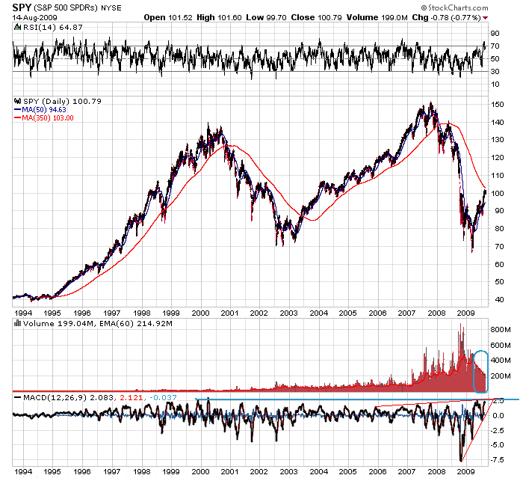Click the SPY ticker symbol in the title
click(x=21, y=7)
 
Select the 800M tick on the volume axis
click(x=499, y=328)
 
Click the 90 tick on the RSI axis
click(x=494, y=34)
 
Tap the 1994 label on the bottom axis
click(x=23, y=472)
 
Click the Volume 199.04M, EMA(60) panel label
click(x=97, y=323)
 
